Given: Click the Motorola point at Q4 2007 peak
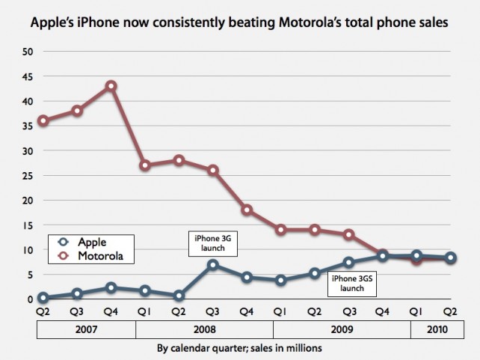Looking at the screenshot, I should [x=111, y=86].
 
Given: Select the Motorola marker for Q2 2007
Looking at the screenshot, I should [x=43, y=120].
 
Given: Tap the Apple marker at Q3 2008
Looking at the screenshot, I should [x=213, y=264].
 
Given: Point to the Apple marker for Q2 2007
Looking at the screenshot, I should [x=43, y=297].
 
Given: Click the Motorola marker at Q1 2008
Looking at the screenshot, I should [x=145, y=165].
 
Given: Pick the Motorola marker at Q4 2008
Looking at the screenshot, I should [x=247, y=210].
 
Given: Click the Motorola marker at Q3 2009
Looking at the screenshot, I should [x=349, y=234].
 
